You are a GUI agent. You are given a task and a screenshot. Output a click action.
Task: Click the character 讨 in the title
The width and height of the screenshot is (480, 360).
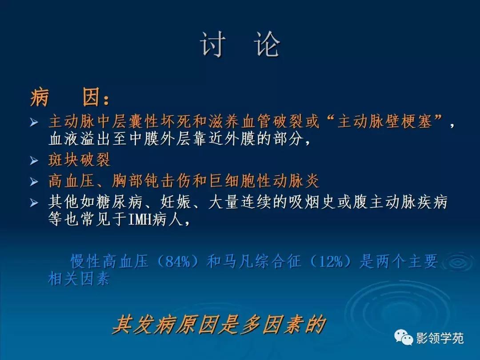click(213, 45)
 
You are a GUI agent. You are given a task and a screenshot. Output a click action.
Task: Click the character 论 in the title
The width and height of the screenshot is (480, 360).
click(268, 45)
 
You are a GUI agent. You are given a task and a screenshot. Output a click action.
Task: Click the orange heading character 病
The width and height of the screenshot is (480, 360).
click(40, 97)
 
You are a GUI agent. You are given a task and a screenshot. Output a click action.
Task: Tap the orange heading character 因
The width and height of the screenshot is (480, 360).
click(92, 97)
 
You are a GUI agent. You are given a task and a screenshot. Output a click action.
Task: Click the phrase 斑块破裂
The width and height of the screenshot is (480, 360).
click(79, 160)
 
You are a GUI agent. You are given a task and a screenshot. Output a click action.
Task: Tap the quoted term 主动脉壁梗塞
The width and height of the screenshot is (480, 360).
click(384, 122)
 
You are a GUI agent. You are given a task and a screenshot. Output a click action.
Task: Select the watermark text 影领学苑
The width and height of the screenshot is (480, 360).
click(440, 339)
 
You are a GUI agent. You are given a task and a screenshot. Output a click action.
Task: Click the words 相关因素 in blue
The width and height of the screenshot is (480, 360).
click(79, 279)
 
